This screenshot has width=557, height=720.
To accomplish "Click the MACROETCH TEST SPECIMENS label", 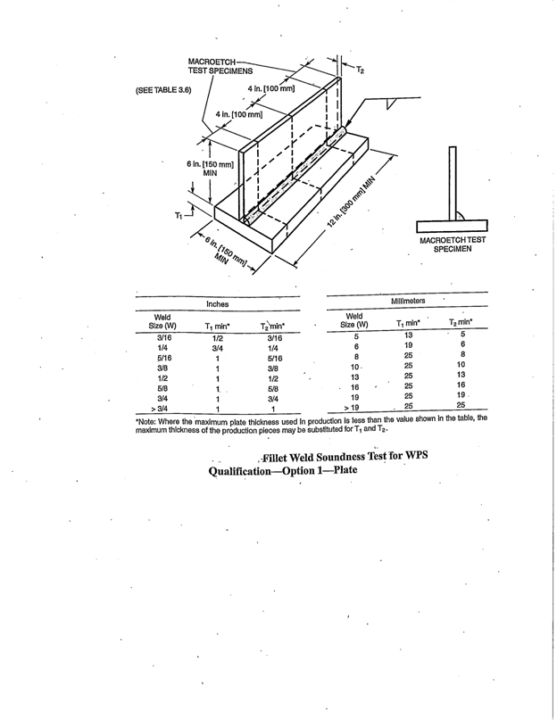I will [x=220, y=64].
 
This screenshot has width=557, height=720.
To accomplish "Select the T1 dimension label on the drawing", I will [x=179, y=215].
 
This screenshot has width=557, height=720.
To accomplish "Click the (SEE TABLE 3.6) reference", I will [x=163, y=90].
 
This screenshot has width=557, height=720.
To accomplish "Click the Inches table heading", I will [x=218, y=304].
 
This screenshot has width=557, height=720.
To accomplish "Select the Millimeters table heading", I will [x=407, y=302].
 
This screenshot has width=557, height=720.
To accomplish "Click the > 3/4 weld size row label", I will [x=164, y=410].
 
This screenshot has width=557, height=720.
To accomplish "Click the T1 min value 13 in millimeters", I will [x=408, y=335].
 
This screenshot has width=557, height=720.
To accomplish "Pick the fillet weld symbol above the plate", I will [x=391, y=103].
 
